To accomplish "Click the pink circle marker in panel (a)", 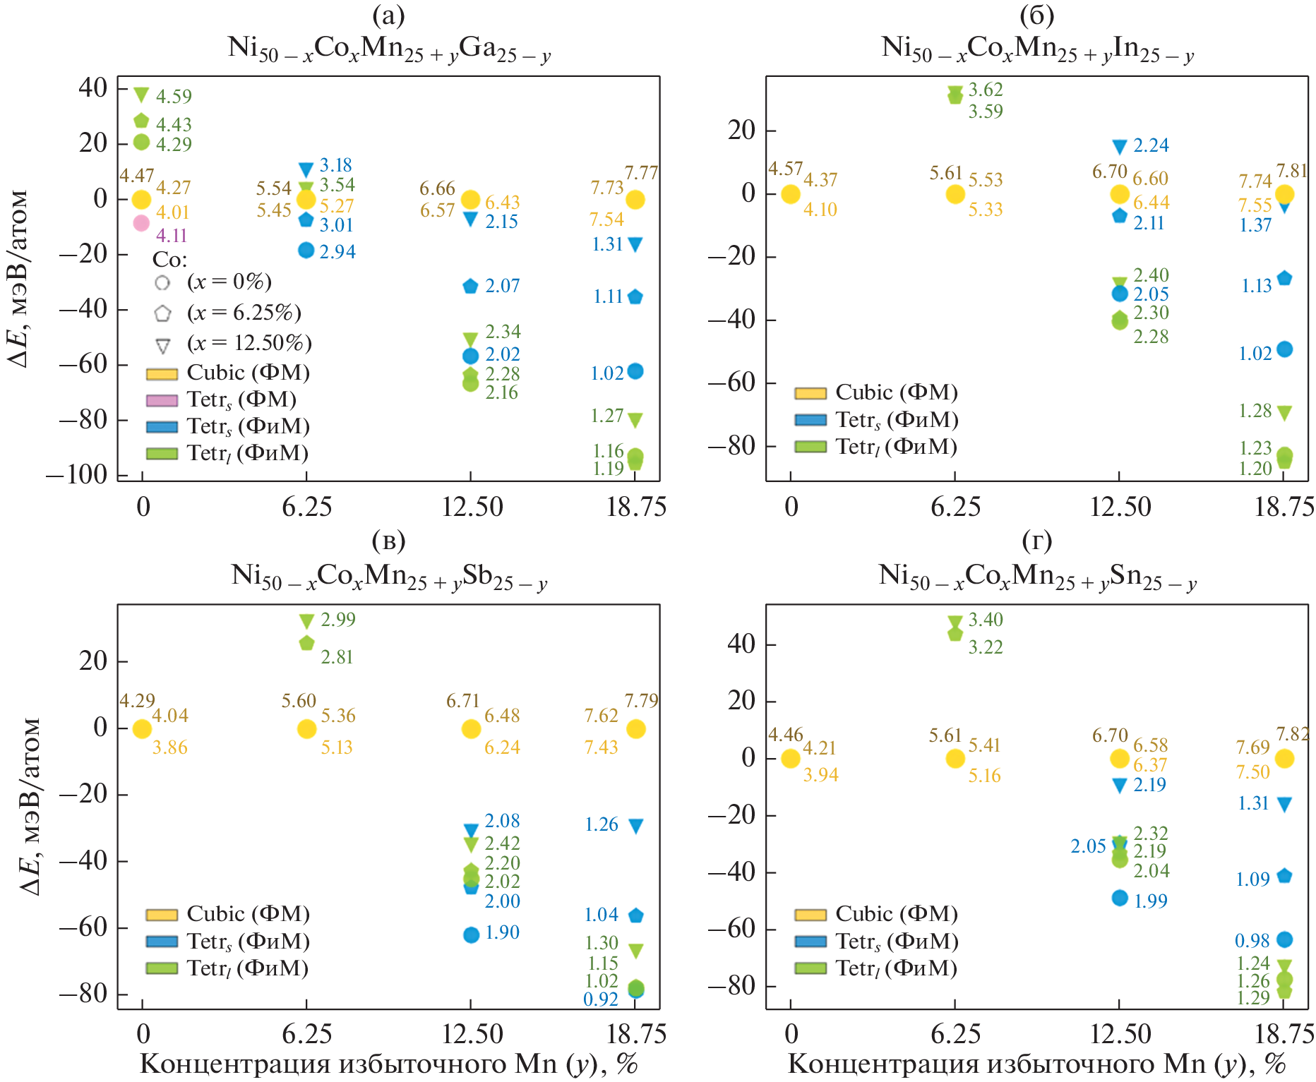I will [x=141, y=223].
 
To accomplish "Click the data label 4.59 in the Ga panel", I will [x=174, y=96].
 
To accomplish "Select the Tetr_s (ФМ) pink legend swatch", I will [x=161, y=400].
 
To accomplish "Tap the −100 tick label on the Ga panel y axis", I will [x=76, y=474].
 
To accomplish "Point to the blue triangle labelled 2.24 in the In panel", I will [x=1120, y=147].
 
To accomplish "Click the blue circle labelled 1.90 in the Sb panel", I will [x=472, y=934].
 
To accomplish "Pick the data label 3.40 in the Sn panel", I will [x=986, y=620].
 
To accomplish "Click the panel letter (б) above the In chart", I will [x=1036, y=14].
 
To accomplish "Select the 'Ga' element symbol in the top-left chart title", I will [x=477, y=47].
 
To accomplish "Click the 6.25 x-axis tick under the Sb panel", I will [x=306, y=1034].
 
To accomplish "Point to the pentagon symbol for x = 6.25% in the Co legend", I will [x=162, y=313].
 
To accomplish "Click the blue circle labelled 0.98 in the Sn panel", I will [x=1285, y=939].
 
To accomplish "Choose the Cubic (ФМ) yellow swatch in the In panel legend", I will [x=810, y=393].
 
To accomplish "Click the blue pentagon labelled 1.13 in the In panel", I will [x=1285, y=278].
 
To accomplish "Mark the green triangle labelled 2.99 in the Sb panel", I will [x=306, y=621].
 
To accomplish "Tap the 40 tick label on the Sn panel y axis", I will [x=741, y=644].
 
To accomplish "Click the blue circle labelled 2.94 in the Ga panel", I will [x=306, y=251].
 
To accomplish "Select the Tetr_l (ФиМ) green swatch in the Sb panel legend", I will [x=161, y=968].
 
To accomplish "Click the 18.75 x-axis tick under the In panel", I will [x=1284, y=506].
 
